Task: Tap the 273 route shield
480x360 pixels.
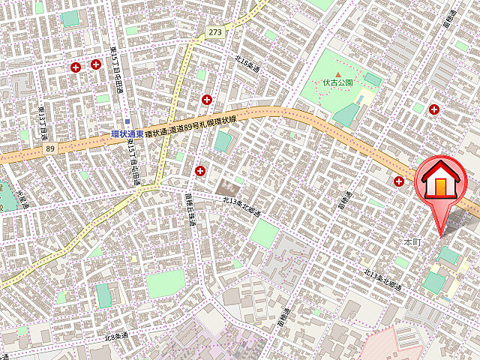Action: click(x=216, y=32)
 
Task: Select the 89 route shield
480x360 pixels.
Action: click(x=50, y=149)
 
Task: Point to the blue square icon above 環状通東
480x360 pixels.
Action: click(x=128, y=122)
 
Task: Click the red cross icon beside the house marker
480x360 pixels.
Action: click(x=399, y=181)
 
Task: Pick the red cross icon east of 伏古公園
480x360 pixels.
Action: click(x=433, y=109)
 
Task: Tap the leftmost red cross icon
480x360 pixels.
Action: click(x=76, y=67)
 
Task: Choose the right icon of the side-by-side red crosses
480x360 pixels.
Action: click(x=96, y=64)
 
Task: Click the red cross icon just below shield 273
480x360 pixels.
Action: click(x=206, y=99)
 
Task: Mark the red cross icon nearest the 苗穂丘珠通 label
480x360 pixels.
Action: click(x=199, y=171)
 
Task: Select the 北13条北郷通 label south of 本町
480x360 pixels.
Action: click(x=383, y=279)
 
